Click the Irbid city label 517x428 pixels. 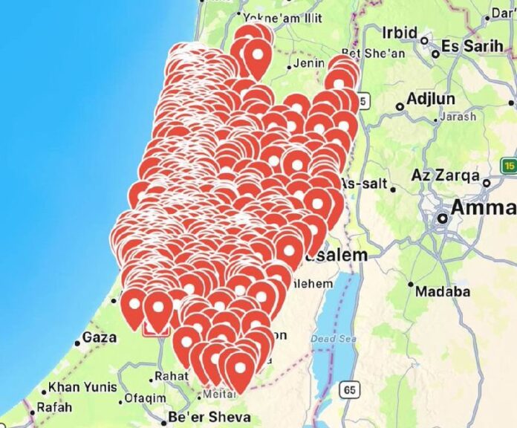(x=400, y=33)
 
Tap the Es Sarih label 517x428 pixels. (x=472, y=46)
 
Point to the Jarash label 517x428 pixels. (x=458, y=117)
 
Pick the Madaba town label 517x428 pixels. (x=443, y=291)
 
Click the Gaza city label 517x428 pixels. (x=100, y=337)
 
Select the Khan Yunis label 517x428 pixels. (x=82, y=388)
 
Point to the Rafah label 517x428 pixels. (x=54, y=407)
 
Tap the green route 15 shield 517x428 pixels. (x=509, y=164)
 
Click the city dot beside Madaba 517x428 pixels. (x=411, y=283)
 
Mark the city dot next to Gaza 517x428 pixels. (x=77, y=343)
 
